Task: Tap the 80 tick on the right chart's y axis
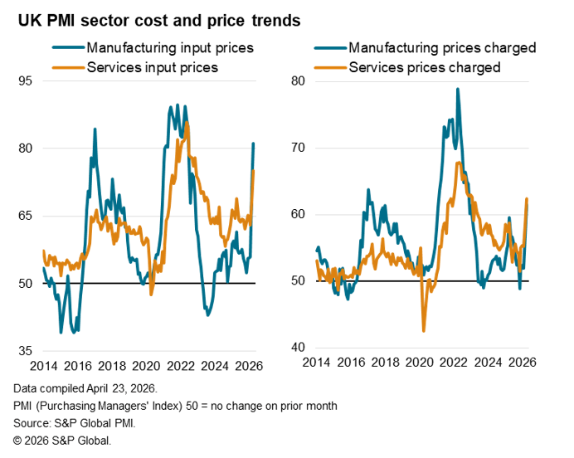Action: pos(299,81)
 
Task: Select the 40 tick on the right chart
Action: pos(299,348)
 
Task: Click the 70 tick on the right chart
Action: pos(299,148)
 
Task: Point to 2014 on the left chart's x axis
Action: pos(44,366)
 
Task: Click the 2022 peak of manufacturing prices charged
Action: pos(457,89)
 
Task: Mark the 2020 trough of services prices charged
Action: pos(424,331)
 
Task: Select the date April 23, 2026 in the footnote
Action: pos(124,388)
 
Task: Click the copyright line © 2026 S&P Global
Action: pos(62,441)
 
